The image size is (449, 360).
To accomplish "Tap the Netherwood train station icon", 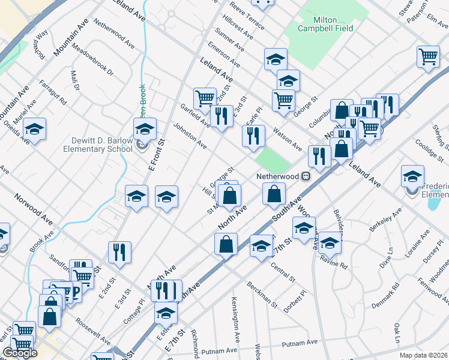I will [x=306, y=176].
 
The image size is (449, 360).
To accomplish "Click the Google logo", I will [x=20, y=353].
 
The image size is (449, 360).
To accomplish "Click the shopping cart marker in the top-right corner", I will [x=428, y=57].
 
